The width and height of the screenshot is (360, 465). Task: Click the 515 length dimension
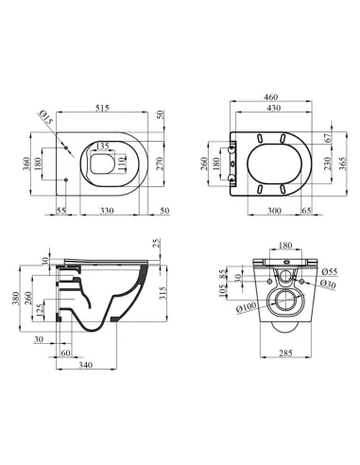point(102,108)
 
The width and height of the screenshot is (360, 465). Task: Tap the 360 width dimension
point(26,164)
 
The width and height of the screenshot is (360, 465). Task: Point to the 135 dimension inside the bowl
point(102,146)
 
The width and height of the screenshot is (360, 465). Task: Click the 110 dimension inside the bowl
point(122,164)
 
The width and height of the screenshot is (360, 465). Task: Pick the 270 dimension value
point(160,164)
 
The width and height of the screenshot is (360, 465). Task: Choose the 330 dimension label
point(107,211)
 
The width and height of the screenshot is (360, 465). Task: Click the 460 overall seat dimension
point(270,96)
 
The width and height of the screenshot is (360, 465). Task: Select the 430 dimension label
point(273,108)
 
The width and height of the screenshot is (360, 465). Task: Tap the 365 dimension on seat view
point(343,164)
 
